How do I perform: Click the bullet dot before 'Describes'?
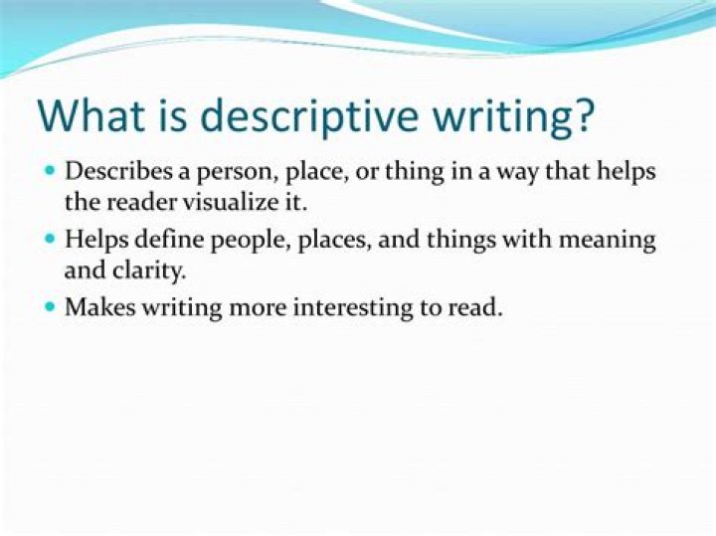pyautogui.click(x=50, y=171)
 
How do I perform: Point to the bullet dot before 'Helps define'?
pyautogui.click(x=50, y=240)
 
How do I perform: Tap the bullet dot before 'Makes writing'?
pyautogui.click(x=50, y=307)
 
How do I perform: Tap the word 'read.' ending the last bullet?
pyautogui.click(x=478, y=307)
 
